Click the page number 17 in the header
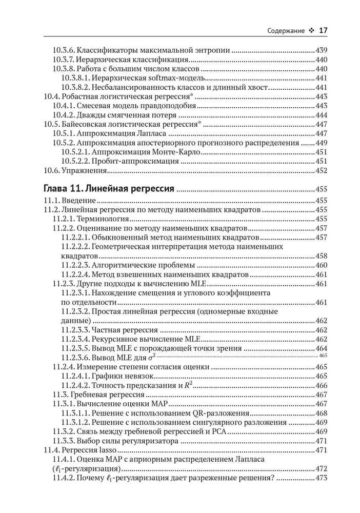pos(323,30)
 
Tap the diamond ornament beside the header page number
pos(311,31)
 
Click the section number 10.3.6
pos(65,51)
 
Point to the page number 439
pos(322,51)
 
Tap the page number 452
pos(322,170)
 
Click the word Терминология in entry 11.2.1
pos(101,219)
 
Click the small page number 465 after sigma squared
pos(323,355)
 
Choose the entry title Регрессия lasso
pos(88,450)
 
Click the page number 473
pos(322,478)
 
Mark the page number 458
pos(322,256)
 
